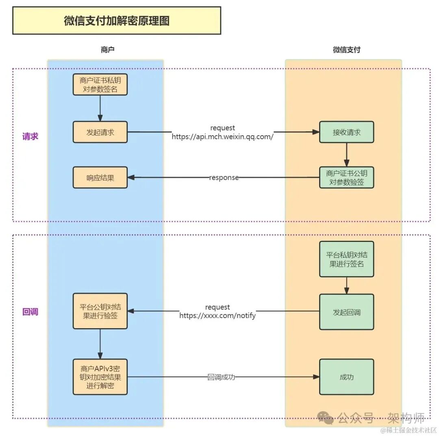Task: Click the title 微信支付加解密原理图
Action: (117, 21)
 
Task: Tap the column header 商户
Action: (107, 50)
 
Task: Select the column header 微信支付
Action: (346, 50)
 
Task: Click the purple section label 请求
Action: (30, 136)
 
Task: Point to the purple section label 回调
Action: (30, 312)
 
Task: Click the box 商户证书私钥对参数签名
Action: (100, 84)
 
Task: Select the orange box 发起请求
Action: (100, 132)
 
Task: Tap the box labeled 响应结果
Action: (100, 177)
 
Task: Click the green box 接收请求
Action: (346, 132)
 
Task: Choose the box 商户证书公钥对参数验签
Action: (346, 177)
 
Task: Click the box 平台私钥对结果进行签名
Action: (346, 259)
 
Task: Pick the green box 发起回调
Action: (346, 312)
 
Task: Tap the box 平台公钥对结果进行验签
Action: (100, 311)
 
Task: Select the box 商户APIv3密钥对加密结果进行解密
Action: (100, 377)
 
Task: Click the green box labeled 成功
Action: (346, 377)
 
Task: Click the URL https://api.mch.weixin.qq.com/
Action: (222, 137)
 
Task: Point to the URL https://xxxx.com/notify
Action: (217, 315)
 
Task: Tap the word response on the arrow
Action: (224, 178)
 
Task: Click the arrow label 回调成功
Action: (221, 377)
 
